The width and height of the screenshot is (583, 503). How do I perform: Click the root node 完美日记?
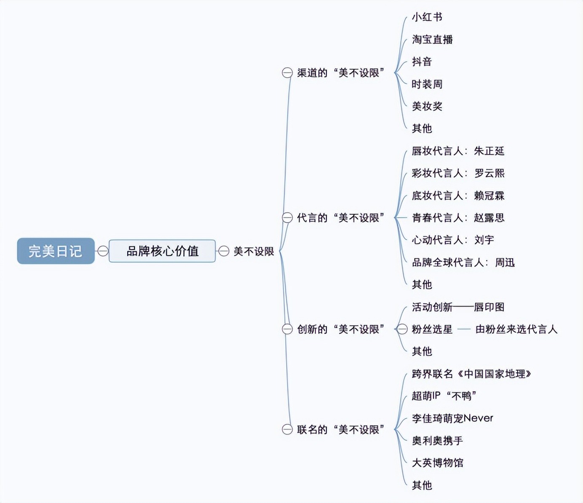coord(56,251)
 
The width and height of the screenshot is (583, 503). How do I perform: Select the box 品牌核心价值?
coord(162,251)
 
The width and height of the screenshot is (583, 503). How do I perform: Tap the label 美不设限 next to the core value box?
coord(254,251)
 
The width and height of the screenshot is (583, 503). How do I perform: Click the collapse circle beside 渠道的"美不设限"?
coord(287,73)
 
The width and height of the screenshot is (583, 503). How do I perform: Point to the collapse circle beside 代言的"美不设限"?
coord(287,218)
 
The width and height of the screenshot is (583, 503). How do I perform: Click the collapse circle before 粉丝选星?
coord(402,329)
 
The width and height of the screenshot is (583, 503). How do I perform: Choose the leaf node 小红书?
coord(427,17)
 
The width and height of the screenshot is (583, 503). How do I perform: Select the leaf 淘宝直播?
coord(432,40)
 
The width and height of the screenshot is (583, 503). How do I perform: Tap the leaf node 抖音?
coord(422,62)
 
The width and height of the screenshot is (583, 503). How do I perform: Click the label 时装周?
coord(427,84)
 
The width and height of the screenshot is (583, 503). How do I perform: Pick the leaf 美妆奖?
coord(427,106)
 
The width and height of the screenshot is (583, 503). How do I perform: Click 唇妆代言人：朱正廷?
coord(458,151)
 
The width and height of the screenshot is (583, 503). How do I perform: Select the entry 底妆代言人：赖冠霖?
coord(458,195)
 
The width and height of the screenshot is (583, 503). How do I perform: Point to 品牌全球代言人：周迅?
coord(463,262)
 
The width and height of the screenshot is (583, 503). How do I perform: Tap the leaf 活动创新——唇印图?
coord(458,307)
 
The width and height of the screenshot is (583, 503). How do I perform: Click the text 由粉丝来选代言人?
coord(516,329)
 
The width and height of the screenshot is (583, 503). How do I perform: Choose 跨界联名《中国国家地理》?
coord(471,374)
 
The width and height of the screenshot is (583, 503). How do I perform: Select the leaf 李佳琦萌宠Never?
coord(452,418)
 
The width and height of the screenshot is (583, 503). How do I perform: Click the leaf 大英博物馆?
coord(437,463)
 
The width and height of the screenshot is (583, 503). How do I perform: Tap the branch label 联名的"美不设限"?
coord(340,430)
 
